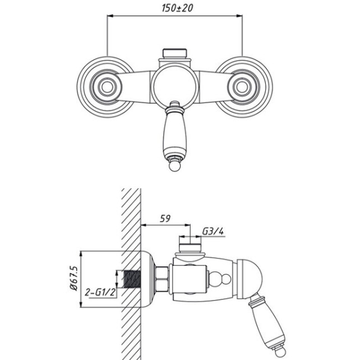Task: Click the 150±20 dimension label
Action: pyautogui.click(x=177, y=8)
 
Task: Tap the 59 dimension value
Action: pyautogui.click(x=165, y=218)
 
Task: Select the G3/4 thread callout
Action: pyautogui.click(x=213, y=232)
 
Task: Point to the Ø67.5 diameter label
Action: pyautogui.click(x=74, y=278)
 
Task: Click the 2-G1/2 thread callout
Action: pyautogui.click(x=100, y=292)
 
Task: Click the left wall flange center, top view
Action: pyautogui.click(x=107, y=87)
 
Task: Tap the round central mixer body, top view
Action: pyautogui.click(x=175, y=86)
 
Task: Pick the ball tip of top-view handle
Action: pyautogui.click(x=175, y=166)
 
